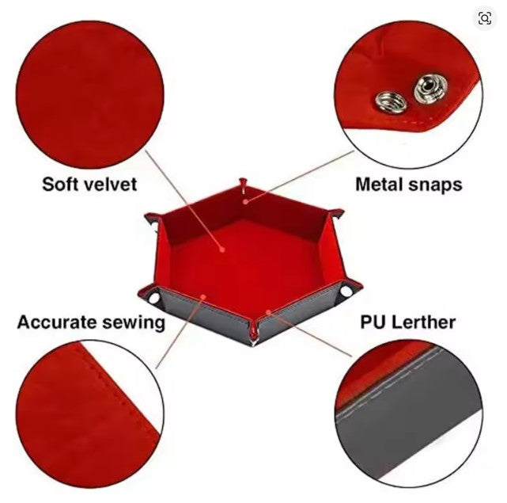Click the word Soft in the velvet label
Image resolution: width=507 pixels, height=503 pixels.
(61, 184)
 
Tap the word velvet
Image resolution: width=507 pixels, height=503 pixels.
(111, 184)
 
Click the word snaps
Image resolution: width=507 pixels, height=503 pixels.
(435, 185)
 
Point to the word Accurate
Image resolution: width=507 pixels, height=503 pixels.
(57, 322)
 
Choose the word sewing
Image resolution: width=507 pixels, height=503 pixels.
(134, 323)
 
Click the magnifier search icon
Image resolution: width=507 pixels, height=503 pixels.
(484, 18)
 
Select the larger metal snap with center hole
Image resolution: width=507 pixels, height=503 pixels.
(431, 87)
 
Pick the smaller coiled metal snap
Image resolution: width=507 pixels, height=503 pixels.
(390, 103)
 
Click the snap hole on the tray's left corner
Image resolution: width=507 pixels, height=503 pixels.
(154, 297)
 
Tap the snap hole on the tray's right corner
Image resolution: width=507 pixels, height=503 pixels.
(346, 291)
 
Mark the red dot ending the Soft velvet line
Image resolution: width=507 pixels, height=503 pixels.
(221, 250)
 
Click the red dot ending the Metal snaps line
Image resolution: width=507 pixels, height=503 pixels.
(246, 201)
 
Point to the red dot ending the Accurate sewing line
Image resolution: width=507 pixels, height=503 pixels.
(203, 297)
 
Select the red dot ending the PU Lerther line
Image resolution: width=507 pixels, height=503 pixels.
(268, 312)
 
